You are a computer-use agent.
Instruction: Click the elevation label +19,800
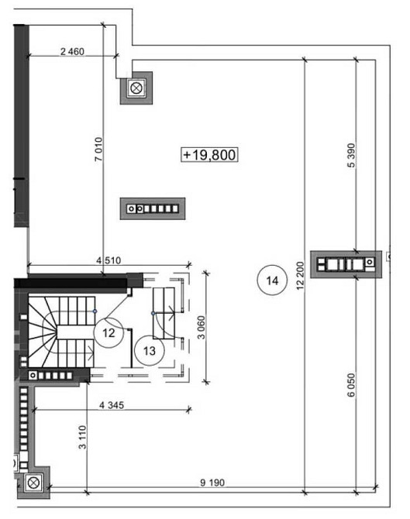pos(209,155)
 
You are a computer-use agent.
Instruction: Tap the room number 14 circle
pos(272,280)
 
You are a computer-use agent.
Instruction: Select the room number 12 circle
pos(109,332)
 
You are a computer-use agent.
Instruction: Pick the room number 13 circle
pos(150,351)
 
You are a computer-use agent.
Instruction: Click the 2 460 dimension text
pos(72,52)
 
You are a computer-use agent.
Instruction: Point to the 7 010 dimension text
pos(98,150)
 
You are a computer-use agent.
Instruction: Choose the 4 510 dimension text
pos(109,260)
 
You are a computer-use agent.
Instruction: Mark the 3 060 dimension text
pos(201,328)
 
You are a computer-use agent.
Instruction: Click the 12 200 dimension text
pos(300,276)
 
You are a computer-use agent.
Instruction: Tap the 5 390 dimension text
pos(351,155)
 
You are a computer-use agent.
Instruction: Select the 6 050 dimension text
pos(351,385)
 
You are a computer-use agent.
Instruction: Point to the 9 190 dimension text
pos(212,483)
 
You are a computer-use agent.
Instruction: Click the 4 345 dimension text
pos(112,405)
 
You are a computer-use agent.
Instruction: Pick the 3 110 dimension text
pos(82,437)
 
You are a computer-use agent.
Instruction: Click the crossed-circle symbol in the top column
pos(136,88)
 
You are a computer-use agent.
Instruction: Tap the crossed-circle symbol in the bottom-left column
pos(33,483)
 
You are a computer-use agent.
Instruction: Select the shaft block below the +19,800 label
pos(153,208)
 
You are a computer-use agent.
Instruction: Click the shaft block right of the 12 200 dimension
pos(346,264)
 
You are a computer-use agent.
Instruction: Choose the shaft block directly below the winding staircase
pos(55,376)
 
